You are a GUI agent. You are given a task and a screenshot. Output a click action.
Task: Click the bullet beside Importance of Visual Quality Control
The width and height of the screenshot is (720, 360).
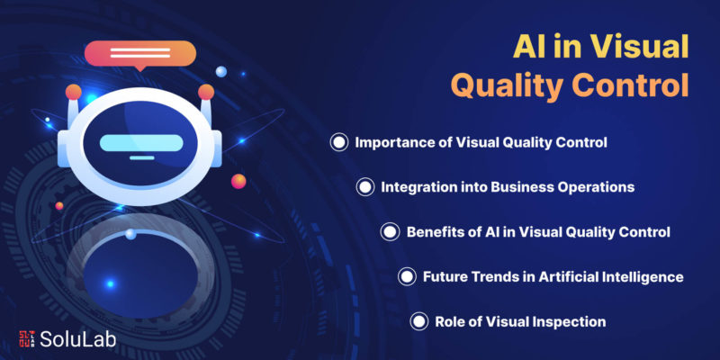(339, 142)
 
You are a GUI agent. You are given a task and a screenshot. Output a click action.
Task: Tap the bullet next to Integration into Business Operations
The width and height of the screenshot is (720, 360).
(365, 187)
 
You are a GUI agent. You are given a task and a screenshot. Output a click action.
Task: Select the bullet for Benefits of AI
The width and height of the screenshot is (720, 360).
(390, 232)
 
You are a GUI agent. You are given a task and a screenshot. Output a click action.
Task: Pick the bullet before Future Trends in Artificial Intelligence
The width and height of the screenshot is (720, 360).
(407, 277)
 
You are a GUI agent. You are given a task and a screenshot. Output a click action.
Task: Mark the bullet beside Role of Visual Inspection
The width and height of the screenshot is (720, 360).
(418, 321)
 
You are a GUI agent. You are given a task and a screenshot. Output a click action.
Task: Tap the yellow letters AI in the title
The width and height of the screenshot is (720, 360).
(527, 47)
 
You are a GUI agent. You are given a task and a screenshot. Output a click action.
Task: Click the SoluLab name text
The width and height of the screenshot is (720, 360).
(77, 339)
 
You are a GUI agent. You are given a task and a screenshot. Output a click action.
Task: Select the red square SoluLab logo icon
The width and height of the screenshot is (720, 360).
(28, 338)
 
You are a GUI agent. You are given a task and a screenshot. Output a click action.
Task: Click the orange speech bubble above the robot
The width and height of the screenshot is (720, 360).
(140, 55)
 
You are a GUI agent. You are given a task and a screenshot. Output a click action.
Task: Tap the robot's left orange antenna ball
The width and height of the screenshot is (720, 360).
(74, 92)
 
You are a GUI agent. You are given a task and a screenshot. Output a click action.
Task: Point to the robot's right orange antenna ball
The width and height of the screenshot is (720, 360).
(206, 92)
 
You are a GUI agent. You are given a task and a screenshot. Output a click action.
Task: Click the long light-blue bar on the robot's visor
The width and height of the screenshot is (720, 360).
(141, 143)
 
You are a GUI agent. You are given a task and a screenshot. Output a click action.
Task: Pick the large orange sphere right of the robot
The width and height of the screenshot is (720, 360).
(238, 182)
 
